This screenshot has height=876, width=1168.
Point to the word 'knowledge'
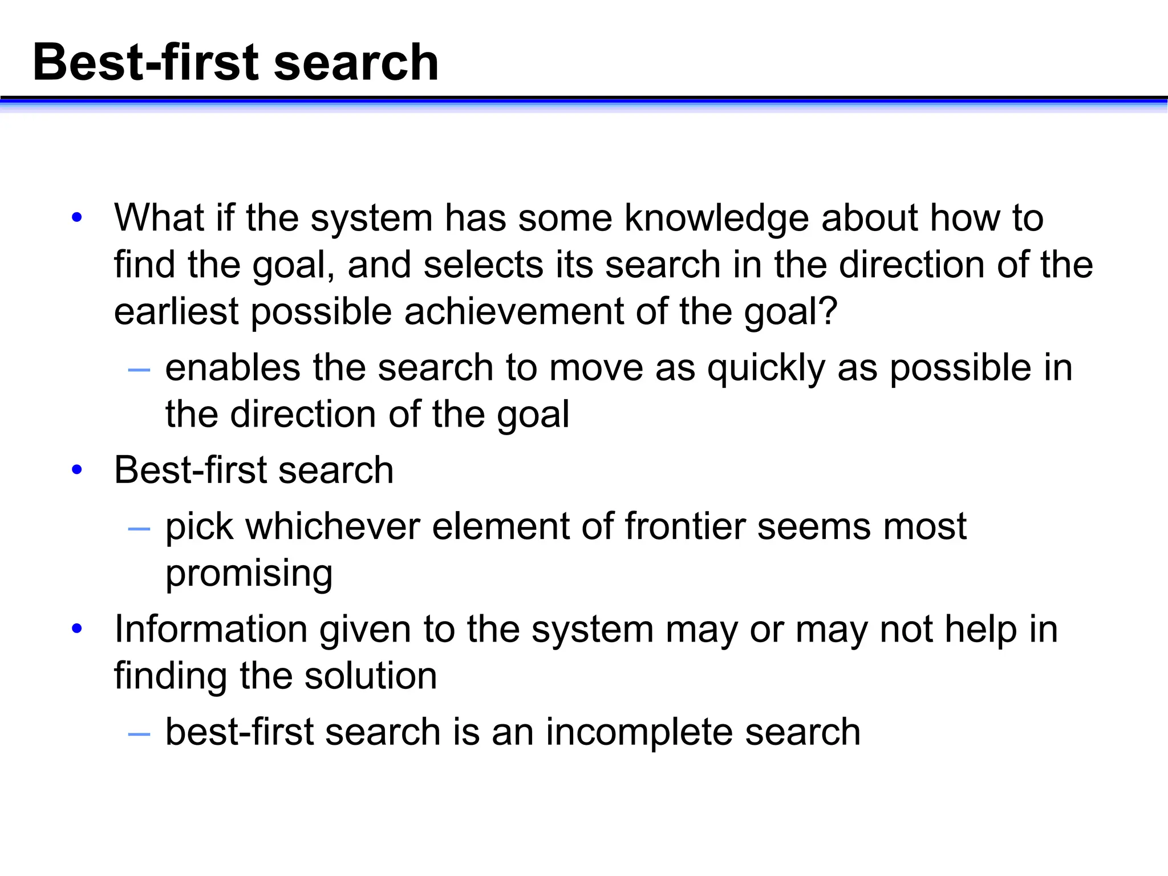click(x=716, y=219)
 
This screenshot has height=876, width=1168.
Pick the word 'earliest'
click(x=176, y=312)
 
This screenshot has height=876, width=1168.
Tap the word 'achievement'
click(x=514, y=312)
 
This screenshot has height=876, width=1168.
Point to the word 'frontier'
click(x=684, y=526)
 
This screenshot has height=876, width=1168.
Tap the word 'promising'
click(x=249, y=574)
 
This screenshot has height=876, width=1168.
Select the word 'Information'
click(x=210, y=629)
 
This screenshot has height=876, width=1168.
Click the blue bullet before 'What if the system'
click(x=77, y=218)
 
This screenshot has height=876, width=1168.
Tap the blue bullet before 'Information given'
click(x=77, y=629)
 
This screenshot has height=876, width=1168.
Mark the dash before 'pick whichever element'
click(x=139, y=529)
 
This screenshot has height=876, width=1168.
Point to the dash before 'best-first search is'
click(x=139, y=735)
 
